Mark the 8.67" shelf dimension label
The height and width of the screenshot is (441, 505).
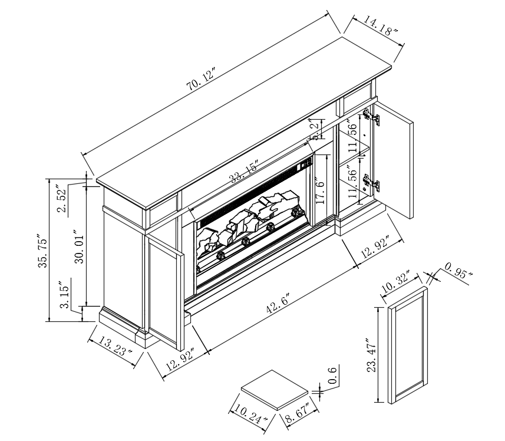(297, 413)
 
